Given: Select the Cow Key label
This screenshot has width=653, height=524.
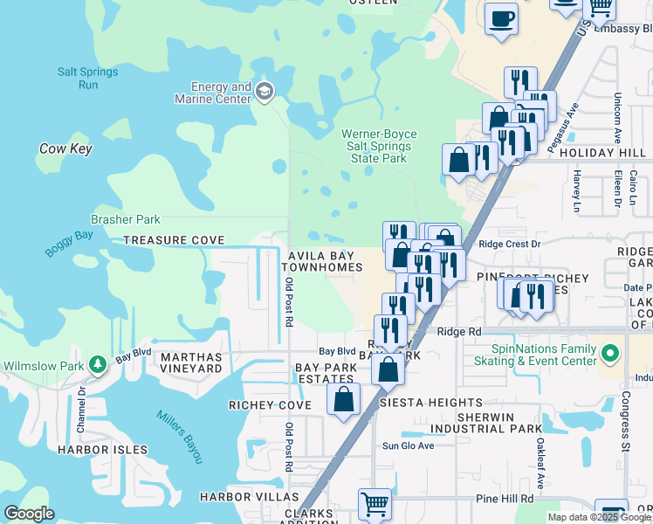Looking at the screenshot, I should coord(65,149).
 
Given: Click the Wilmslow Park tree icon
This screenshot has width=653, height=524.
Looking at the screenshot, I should coord(99,362).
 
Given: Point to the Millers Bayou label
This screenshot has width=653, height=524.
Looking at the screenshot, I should coord(180,437).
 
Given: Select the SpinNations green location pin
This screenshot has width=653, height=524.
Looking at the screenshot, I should coord(610,355).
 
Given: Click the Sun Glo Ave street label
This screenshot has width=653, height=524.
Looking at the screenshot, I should coord(408,446).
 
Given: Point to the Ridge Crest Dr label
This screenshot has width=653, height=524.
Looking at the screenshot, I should coord(510,245).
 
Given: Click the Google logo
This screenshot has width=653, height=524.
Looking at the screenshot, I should coord(30,514).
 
